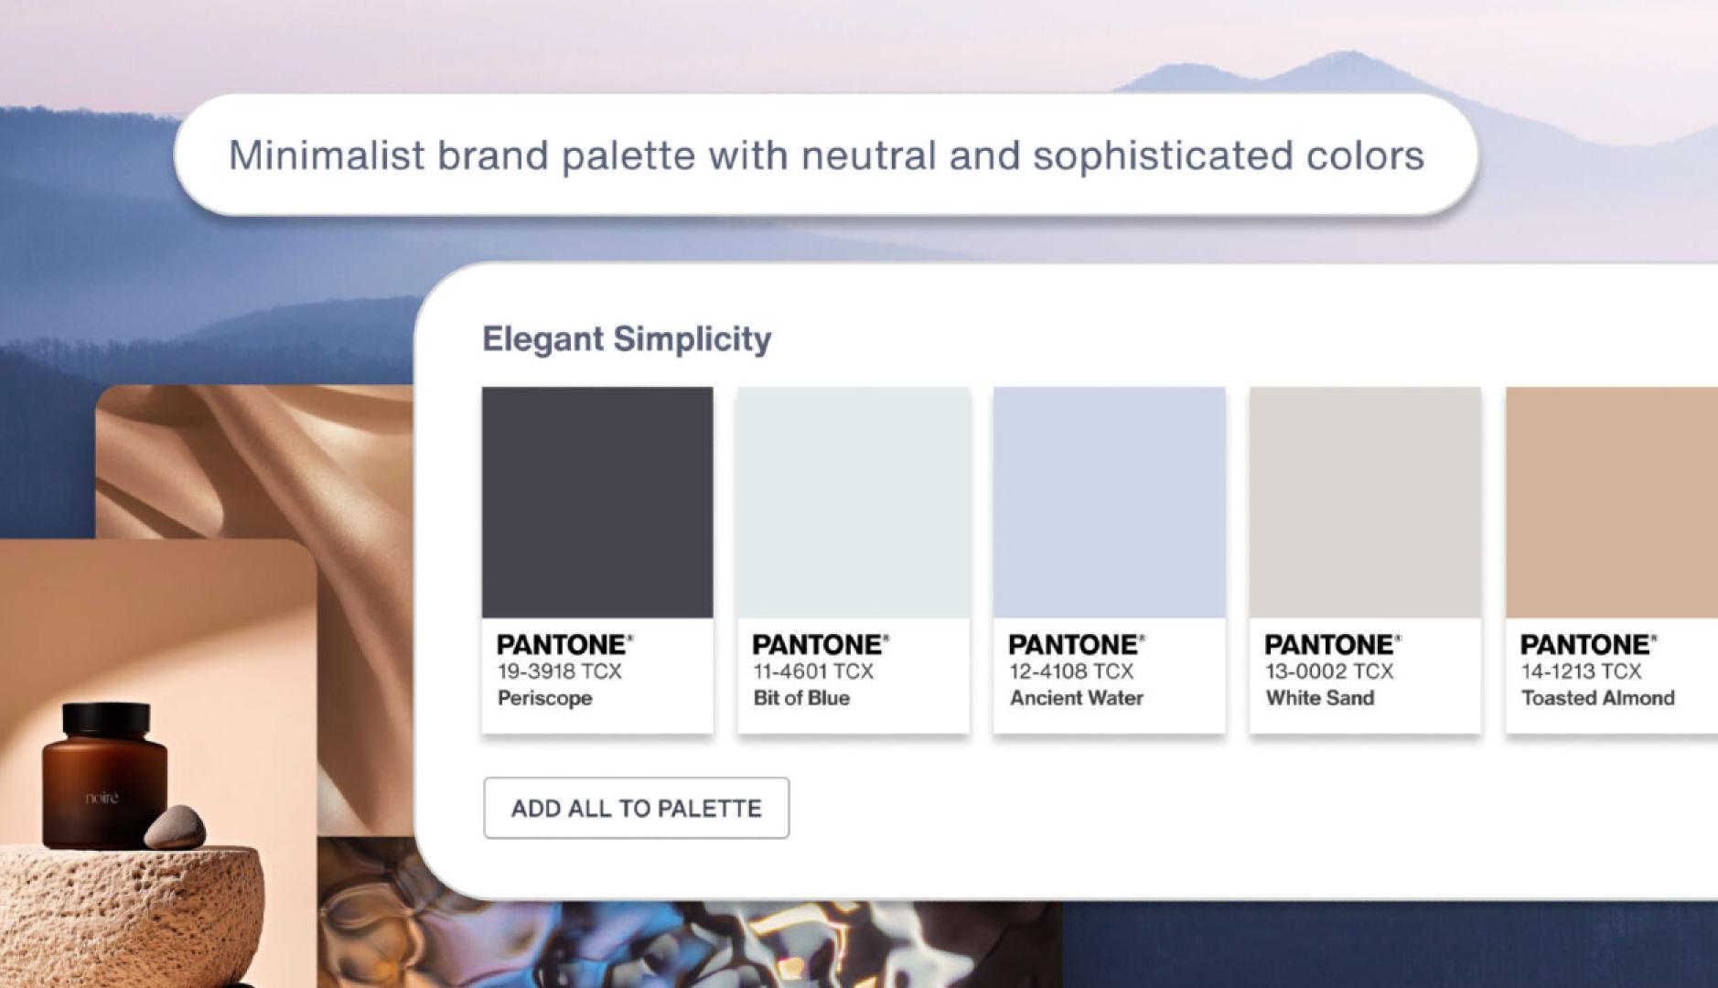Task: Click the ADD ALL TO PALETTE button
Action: (636, 808)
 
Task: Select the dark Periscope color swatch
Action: (597, 502)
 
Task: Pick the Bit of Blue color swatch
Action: (854, 502)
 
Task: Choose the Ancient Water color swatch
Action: (1109, 502)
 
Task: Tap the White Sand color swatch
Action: (1365, 502)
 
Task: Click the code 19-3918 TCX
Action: (559, 671)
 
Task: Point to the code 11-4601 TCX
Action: (813, 671)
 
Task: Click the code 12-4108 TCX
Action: (1071, 671)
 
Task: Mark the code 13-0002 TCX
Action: (1329, 671)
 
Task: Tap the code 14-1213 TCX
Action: (1581, 671)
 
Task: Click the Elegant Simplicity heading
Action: (627, 338)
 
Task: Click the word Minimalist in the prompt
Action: (327, 156)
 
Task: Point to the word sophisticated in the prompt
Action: (1163, 156)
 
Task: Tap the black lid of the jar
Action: (106, 719)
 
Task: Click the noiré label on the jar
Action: (102, 798)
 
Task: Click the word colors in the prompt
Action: (1365, 156)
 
